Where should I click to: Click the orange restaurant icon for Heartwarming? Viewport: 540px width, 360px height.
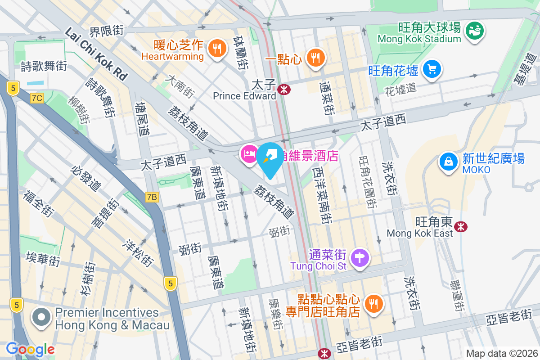click(x=217, y=49)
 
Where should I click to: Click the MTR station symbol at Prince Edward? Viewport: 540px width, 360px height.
click(x=284, y=90)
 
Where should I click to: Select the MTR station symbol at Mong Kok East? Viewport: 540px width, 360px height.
click(x=460, y=226)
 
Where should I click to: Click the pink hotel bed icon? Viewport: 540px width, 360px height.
click(x=249, y=155)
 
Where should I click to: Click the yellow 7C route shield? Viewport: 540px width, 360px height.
click(x=37, y=98)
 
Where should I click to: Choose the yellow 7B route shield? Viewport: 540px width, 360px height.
click(x=152, y=197)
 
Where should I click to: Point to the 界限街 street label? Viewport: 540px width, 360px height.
click(x=107, y=31)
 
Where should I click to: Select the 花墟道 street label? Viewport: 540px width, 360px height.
click(x=400, y=89)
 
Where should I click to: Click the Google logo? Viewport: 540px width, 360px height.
click(x=30, y=349)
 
